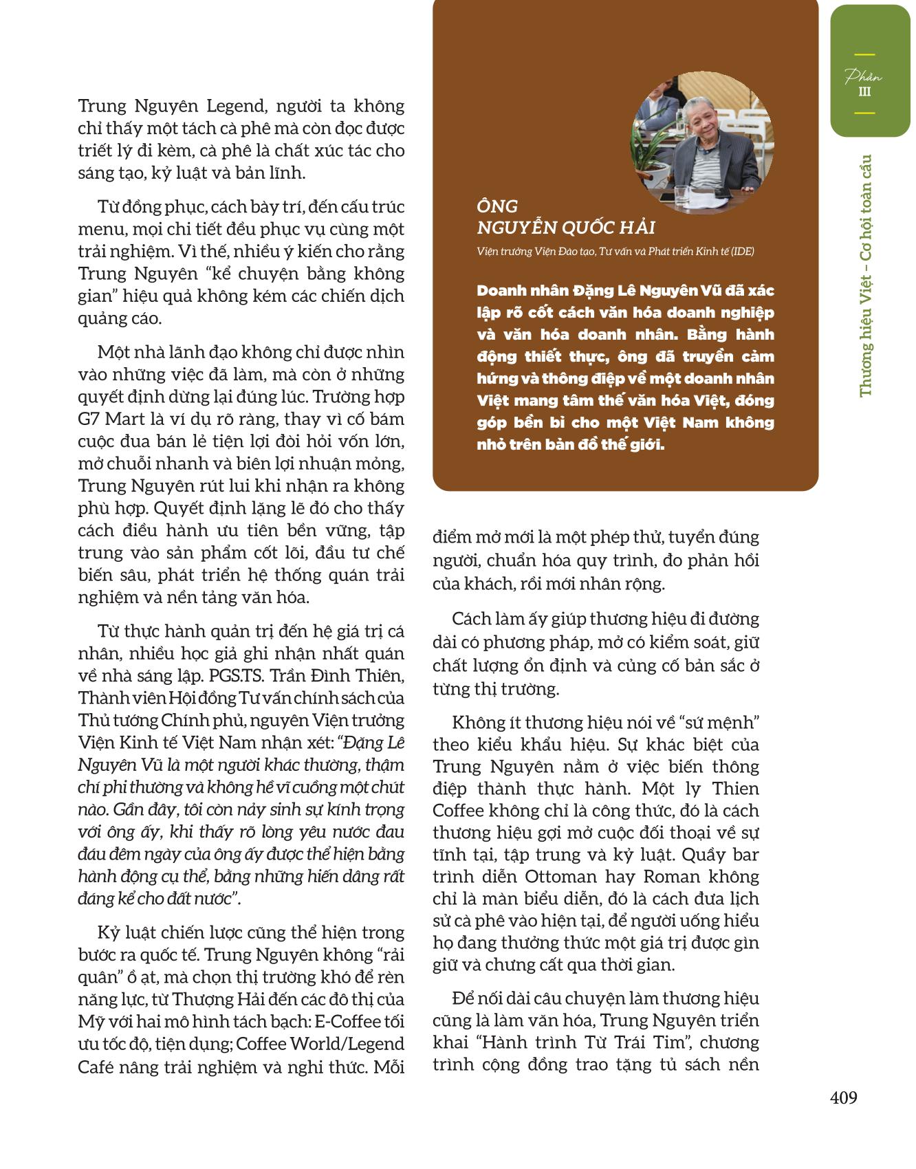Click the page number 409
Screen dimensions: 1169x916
coord(844,1097)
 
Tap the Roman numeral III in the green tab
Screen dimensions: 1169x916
coord(864,92)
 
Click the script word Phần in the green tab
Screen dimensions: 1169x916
coord(864,76)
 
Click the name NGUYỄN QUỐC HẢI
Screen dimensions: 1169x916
coord(566,228)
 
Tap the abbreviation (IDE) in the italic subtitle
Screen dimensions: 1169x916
coord(742,252)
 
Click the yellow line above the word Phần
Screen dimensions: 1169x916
coord(864,55)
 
